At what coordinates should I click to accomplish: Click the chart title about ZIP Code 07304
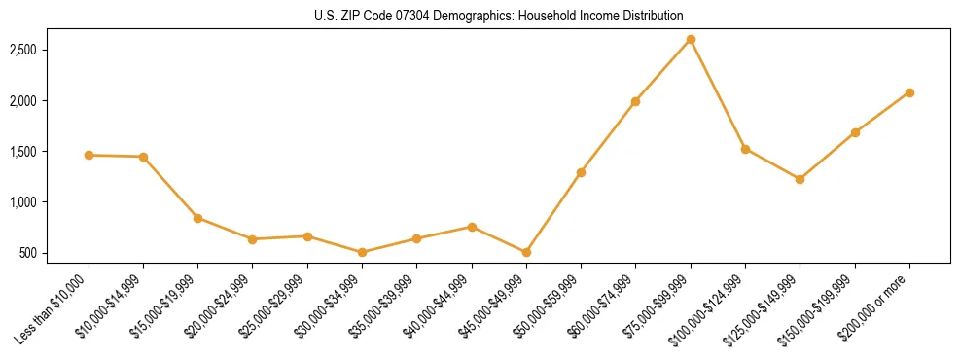pos(499,17)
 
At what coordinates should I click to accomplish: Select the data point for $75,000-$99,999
pos(691,40)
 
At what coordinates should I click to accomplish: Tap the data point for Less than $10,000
pos(89,155)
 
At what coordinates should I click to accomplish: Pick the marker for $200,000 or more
pos(909,92)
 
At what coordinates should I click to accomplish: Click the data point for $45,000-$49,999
pos(526,252)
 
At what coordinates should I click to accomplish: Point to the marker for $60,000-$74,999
pos(635,101)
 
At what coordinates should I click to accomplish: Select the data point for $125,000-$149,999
pos(800,179)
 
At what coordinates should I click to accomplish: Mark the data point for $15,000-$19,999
pos(197,218)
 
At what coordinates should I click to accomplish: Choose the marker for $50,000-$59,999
pos(581,172)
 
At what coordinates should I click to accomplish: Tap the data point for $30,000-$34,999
pos(362,252)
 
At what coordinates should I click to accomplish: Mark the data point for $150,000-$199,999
pos(855,132)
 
